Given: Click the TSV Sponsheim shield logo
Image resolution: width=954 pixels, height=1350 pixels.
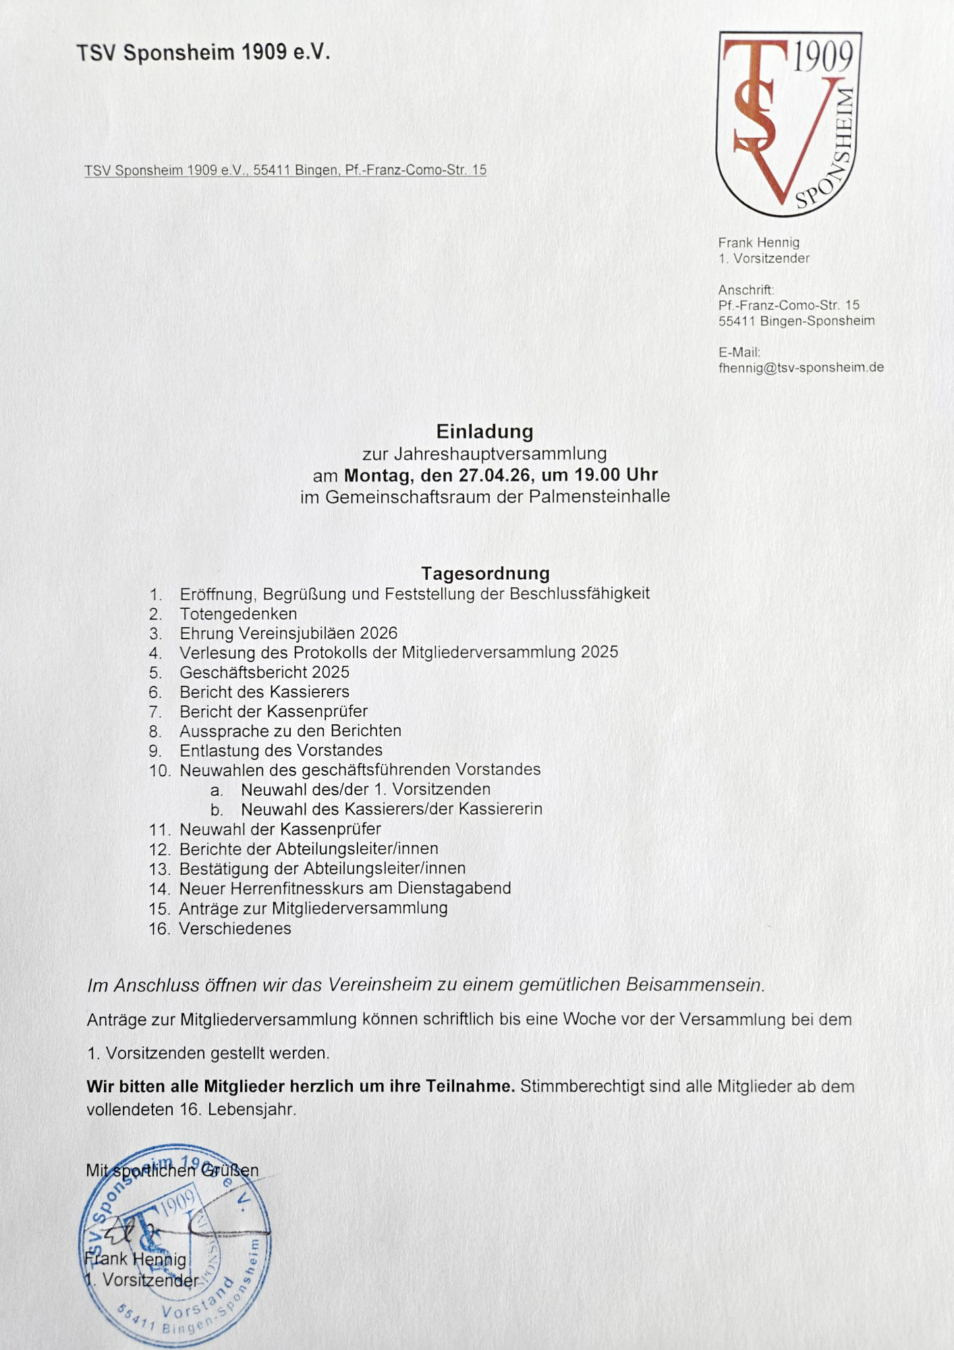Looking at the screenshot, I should point(788,124).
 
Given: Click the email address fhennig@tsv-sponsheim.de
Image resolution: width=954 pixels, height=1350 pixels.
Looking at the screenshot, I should point(801,368).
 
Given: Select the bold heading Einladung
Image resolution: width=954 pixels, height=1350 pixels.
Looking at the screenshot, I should point(484,431).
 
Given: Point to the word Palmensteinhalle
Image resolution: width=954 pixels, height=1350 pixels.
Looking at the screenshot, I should point(599,497).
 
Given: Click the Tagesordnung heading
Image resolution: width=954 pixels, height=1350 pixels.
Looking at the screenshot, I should point(485,574).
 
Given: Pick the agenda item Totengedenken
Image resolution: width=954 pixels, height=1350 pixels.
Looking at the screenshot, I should point(238,614).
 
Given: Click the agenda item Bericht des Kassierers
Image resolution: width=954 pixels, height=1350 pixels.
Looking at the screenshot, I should point(264,692).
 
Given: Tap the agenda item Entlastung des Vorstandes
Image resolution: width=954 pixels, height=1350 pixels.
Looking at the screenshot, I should point(281,751).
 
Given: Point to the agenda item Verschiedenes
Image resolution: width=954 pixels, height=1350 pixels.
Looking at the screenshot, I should point(235,929).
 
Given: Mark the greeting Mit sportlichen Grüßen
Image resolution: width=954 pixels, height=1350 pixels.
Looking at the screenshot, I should point(172,1170).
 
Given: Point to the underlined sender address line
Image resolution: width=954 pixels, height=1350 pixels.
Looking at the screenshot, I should point(285,170).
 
